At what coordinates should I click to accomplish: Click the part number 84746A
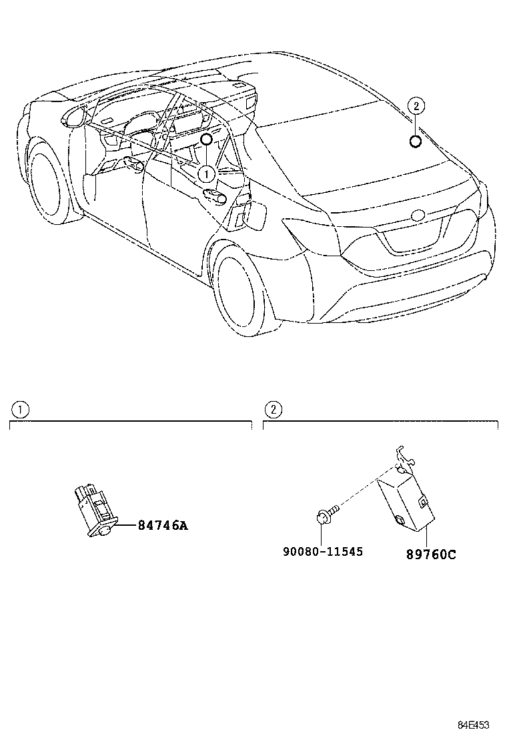click(x=163, y=525)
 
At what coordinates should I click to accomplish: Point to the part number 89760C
click(x=431, y=554)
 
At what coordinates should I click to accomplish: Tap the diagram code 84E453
click(x=473, y=725)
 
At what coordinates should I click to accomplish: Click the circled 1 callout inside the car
click(x=206, y=173)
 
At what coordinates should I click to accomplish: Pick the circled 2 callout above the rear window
click(x=416, y=105)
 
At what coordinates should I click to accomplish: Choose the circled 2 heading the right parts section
click(x=273, y=409)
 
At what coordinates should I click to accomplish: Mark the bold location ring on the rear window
click(x=415, y=141)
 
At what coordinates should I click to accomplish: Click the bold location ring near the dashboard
click(x=206, y=139)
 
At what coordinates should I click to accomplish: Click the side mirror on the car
click(x=73, y=117)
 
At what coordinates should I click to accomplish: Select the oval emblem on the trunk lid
click(x=419, y=216)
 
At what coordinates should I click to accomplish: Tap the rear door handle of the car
click(x=215, y=194)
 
